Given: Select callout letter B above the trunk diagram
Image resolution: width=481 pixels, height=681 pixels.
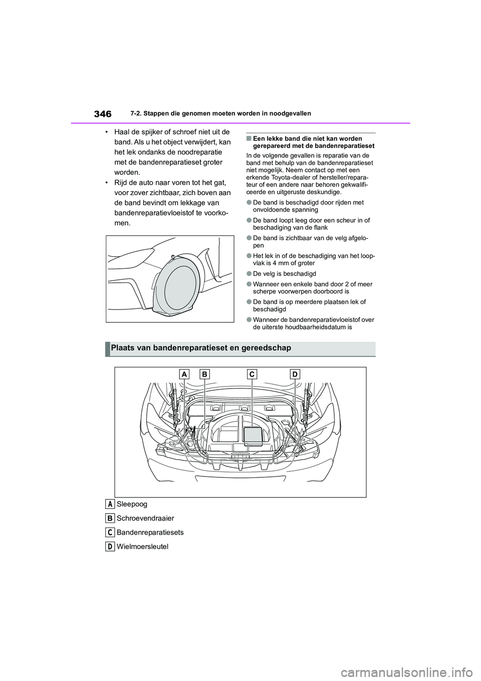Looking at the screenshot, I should [204, 374].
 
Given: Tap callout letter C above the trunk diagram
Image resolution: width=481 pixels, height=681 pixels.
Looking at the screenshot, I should [252, 374].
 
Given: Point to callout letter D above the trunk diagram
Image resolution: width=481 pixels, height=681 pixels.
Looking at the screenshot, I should [294, 374].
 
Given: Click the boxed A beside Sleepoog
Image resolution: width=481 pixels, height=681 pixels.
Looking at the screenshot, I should [109, 503].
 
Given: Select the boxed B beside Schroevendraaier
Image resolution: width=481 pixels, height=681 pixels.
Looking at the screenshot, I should [109, 518].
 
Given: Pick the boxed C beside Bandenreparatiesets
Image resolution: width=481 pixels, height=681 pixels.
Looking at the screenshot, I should [109, 532].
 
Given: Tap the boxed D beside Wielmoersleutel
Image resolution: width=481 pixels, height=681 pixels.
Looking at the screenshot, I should [109, 546].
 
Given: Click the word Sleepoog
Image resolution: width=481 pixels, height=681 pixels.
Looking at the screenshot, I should [132, 504].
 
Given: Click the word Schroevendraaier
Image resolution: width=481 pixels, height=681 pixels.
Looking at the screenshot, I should [145, 518].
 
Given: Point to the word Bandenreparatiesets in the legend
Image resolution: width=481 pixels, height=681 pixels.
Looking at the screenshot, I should [150, 533].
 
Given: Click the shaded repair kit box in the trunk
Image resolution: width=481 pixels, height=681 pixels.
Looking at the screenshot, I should [253, 435].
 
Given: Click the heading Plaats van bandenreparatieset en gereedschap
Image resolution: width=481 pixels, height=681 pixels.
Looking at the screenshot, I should [201, 348].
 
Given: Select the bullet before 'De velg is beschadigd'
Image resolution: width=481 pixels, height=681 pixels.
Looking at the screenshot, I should [249, 274].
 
